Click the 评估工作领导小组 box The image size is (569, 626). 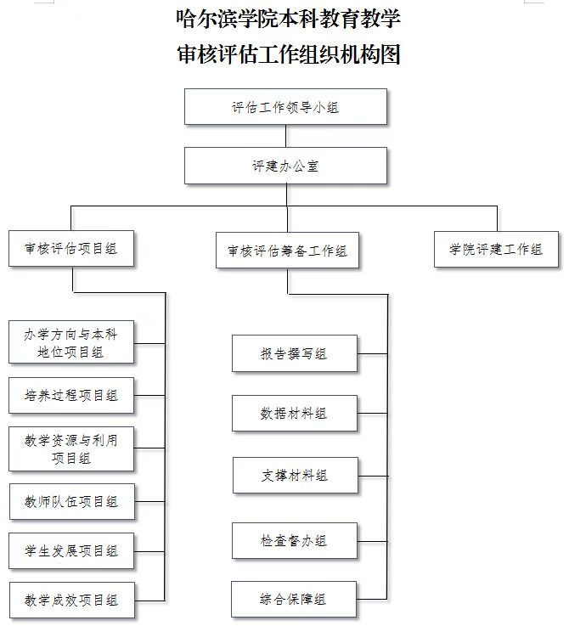285,106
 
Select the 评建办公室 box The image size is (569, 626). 285,166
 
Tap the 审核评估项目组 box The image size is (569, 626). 71,248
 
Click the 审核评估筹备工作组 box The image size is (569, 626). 287,251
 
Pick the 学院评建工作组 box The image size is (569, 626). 496,249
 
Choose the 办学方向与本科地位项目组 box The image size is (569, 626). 71,342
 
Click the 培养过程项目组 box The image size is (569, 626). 71,395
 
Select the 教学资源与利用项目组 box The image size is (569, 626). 71,448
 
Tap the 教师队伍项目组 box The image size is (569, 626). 72,501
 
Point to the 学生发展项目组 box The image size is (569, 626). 71,551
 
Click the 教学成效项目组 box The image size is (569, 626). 72,600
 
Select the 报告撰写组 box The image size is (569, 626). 295,353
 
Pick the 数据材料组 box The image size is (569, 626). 295,413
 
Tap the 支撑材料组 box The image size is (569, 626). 295,475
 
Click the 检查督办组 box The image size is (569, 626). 295,540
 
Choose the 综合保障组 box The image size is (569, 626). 294,600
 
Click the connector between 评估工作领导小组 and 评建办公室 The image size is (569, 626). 286,136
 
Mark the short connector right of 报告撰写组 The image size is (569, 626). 372,353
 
